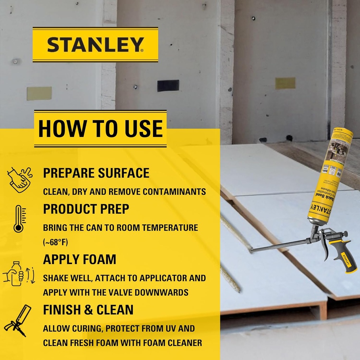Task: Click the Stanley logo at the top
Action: coord(95,45)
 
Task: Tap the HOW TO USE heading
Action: coord(100,129)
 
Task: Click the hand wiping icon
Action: coord(20,179)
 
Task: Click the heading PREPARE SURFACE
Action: coord(96,173)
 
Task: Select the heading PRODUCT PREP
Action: coord(86,209)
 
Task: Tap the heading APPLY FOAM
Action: coord(79,259)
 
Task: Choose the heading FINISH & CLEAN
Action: coord(88,310)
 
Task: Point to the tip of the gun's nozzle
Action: coord(252,250)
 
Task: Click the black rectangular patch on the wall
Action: coord(168,85)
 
